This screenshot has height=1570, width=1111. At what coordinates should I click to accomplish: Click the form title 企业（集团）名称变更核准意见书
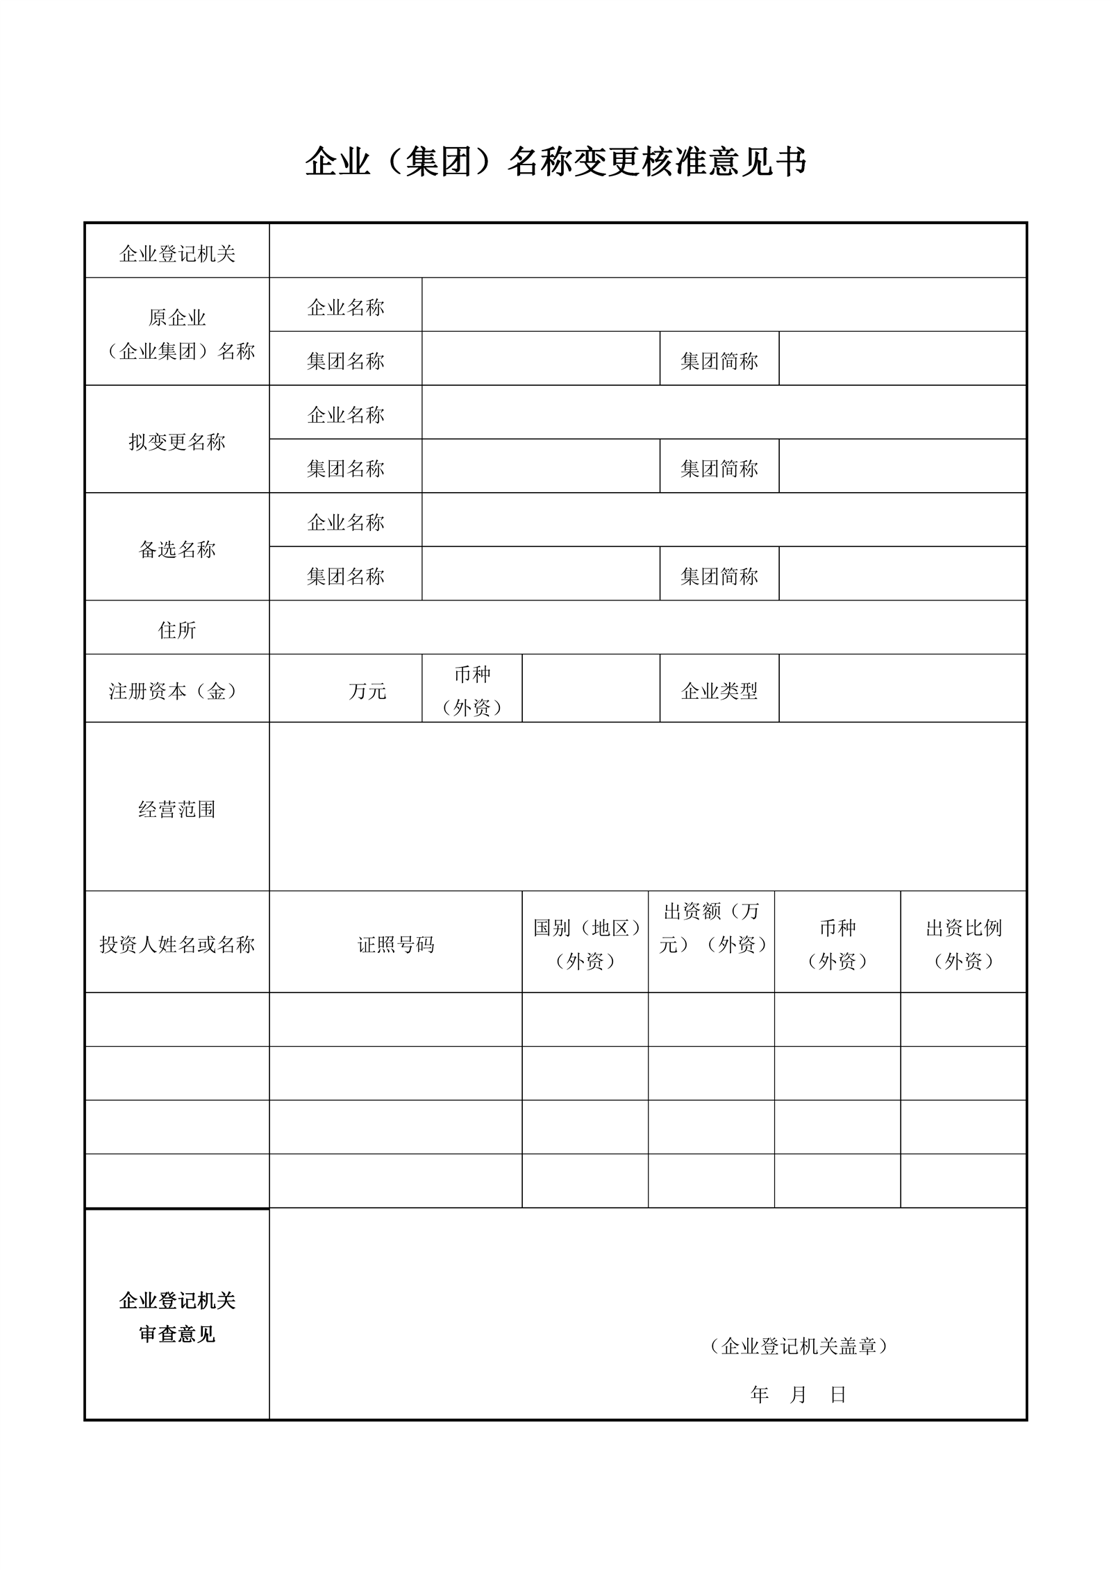(x=555, y=162)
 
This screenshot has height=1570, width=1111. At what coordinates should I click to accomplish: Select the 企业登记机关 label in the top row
(x=177, y=254)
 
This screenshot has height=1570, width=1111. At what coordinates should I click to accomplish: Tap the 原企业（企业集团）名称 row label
(x=177, y=335)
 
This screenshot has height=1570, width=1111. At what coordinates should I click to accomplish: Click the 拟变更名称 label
(x=177, y=442)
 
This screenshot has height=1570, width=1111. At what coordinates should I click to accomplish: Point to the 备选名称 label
(x=177, y=550)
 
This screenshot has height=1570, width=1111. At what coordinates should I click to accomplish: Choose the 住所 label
(x=177, y=630)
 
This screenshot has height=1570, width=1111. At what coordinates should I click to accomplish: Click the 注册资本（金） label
(x=177, y=691)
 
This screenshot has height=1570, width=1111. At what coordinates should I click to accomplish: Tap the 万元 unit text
(x=367, y=691)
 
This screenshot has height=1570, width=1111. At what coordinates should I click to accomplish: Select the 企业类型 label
(x=719, y=691)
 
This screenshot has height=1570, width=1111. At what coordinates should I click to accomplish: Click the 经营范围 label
(x=177, y=809)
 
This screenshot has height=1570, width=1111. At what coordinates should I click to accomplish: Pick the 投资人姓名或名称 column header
(x=177, y=945)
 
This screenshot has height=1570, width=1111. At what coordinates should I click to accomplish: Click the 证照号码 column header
(x=396, y=945)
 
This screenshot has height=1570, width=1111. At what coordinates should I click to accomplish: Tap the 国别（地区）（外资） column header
(x=585, y=945)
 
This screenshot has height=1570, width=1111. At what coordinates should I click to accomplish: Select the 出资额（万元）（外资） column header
(x=711, y=928)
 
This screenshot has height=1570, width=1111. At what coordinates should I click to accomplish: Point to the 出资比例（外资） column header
(x=964, y=945)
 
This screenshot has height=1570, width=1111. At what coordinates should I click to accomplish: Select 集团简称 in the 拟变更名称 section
(x=719, y=469)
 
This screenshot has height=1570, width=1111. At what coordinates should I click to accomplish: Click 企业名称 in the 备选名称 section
(x=346, y=523)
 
